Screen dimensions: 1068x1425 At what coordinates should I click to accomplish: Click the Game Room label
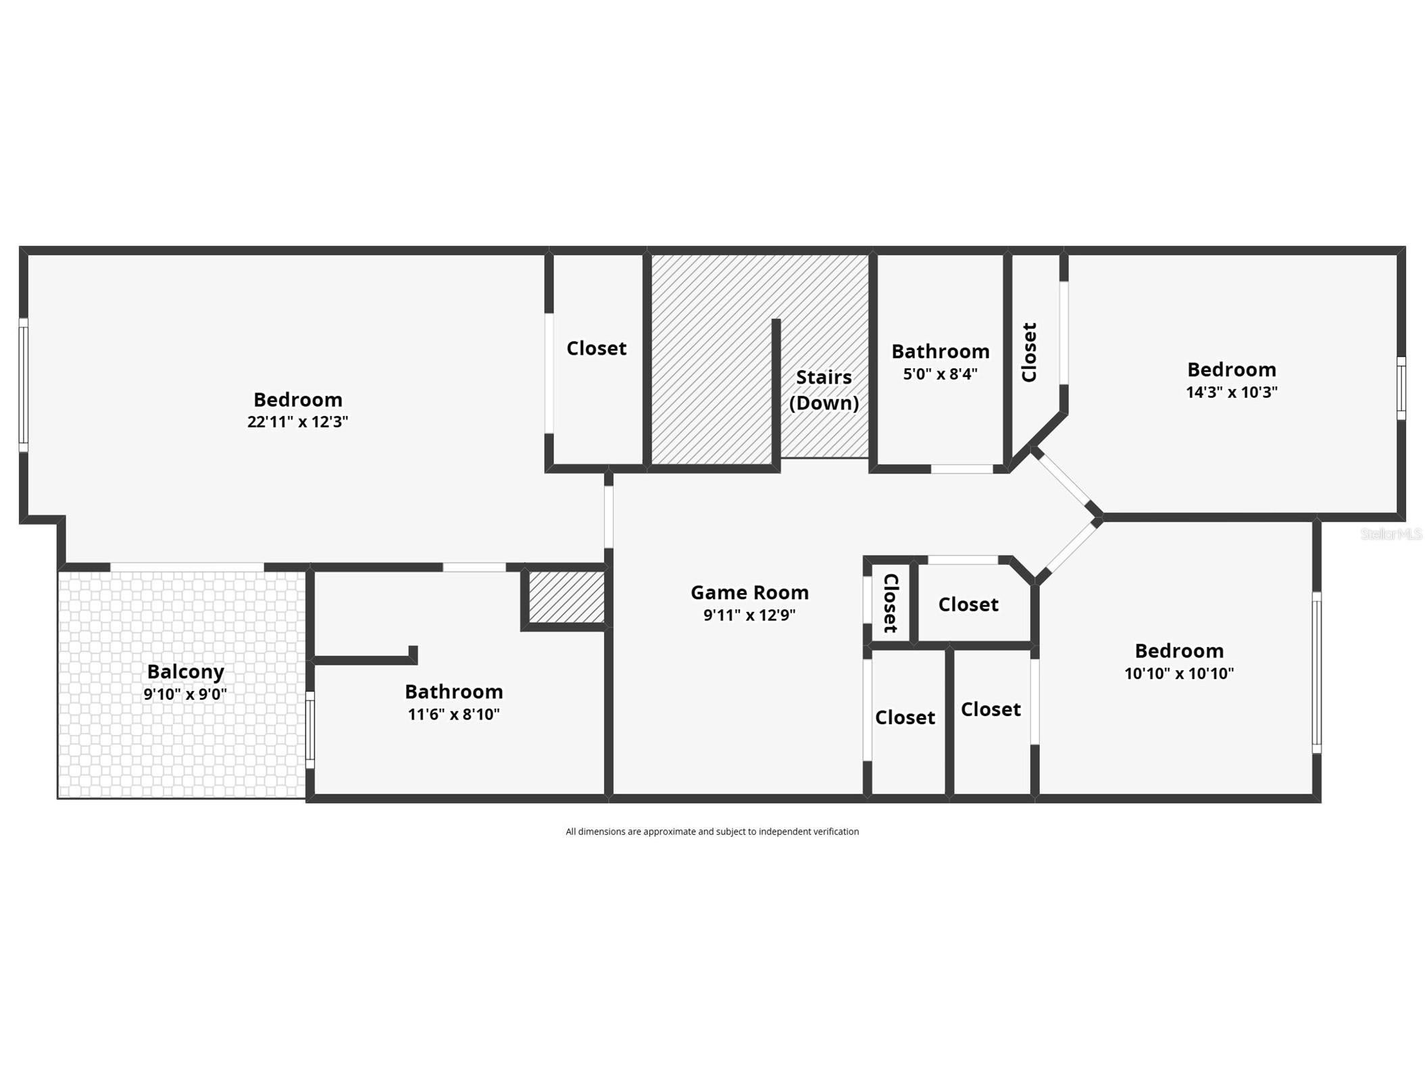[749, 592]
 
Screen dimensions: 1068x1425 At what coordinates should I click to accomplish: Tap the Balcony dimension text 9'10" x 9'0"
[184, 694]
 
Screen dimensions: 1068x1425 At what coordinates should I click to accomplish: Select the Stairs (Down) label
[823, 390]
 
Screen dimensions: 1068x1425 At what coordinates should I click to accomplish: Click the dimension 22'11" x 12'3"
[297, 422]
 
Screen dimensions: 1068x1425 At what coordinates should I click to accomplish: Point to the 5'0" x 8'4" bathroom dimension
[940, 374]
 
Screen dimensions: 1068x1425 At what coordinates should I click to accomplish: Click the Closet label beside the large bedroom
[596, 348]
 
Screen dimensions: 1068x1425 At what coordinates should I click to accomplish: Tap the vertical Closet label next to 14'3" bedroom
[1028, 352]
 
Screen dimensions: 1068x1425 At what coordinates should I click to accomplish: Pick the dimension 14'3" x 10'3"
[1231, 392]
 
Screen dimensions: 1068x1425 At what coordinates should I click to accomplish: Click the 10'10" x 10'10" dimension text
[1178, 673]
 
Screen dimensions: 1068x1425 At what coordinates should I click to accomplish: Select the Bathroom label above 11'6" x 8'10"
[453, 691]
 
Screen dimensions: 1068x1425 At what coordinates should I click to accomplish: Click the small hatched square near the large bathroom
[566, 596]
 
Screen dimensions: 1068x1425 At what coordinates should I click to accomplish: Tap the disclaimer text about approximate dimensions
[711, 832]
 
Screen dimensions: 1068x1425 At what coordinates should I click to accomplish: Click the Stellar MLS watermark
[1391, 534]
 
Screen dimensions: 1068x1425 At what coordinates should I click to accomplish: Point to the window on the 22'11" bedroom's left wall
[23, 385]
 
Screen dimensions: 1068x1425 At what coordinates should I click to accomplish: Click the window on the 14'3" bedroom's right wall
[1401, 388]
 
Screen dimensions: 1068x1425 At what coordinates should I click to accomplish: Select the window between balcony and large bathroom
[310, 730]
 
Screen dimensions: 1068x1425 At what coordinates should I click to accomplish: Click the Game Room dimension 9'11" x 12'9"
[749, 615]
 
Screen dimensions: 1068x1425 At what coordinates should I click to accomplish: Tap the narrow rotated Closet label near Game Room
[890, 603]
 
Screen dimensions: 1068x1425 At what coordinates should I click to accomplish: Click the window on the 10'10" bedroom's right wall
[1316, 672]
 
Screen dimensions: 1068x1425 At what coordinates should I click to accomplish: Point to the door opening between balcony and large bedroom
[186, 567]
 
